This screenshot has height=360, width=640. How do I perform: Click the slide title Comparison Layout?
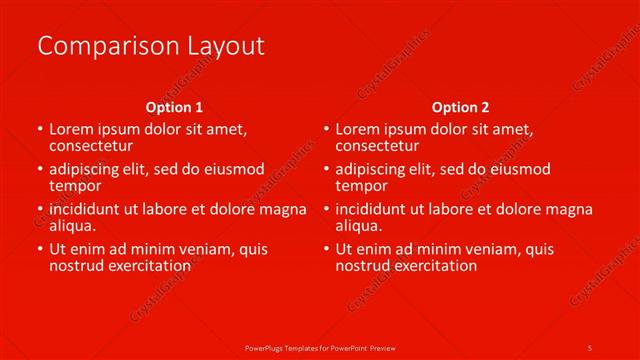pyautogui.click(x=150, y=46)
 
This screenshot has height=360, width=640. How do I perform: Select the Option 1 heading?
pyautogui.click(x=174, y=107)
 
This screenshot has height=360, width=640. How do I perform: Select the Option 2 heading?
pyautogui.click(x=461, y=107)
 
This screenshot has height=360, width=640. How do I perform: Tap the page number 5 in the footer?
pyautogui.click(x=590, y=347)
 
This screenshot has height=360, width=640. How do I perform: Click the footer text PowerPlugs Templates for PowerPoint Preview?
pyautogui.click(x=320, y=347)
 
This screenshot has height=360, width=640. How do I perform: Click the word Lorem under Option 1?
pyautogui.click(x=72, y=129)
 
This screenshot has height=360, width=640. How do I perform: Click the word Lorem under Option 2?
pyautogui.click(x=359, y=129)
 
